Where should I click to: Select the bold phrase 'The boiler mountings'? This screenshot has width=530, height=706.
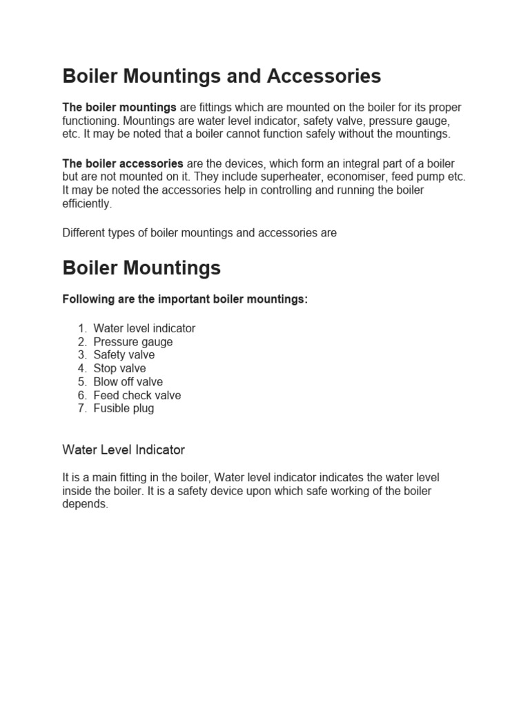(x=119, y=108)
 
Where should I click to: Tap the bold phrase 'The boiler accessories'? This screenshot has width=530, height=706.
(x=123, y=163)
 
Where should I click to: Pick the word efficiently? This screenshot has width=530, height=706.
(x=86, y=203)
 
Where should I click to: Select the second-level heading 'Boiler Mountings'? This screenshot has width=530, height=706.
(x=141, y=268)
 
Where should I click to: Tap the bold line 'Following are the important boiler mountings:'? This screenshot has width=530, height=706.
(x=185, y=300)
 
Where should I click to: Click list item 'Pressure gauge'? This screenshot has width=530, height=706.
(x=133, y=342)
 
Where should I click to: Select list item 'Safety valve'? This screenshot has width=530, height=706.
(x=124, y=355)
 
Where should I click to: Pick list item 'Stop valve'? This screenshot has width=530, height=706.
(x=120, y=368)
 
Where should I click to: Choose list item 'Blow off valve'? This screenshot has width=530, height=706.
(x=128, y=382)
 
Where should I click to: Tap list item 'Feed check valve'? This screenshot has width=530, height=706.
(x=137, y=395)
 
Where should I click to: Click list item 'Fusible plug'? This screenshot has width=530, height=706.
(x=124, y=408)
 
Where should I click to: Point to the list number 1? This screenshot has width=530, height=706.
(x=81, y=329)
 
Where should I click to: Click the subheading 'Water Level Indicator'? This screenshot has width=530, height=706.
(x=124, y=450)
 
